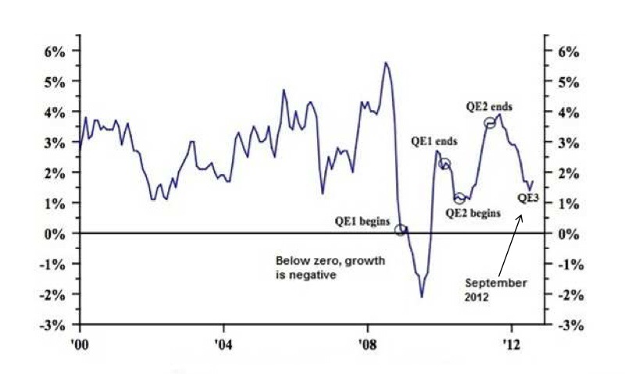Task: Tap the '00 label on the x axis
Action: pos(79,343)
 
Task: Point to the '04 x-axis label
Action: pos(223,343)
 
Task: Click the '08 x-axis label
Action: pos(367,343)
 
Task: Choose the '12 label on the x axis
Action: pos(511,343)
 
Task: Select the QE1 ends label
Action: pos(434,142)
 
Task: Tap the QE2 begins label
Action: pos(473,212)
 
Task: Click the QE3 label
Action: pos(529,198)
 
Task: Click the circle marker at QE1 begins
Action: pos(401,230)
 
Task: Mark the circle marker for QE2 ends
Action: pos(490,122)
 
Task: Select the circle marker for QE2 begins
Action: pos(459,198)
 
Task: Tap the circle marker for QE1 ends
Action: pos(445,164)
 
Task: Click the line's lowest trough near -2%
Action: pos(422,297)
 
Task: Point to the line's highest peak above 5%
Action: pos(385,62)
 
